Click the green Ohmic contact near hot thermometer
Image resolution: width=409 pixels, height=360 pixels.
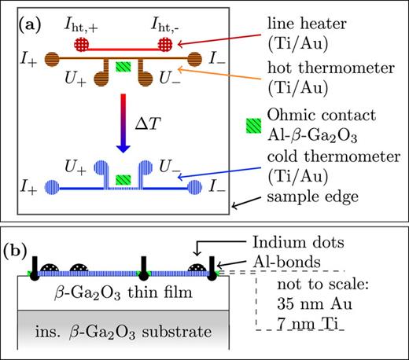click(x=123, y=68)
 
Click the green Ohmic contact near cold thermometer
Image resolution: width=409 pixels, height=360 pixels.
click(x=123, y=180)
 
